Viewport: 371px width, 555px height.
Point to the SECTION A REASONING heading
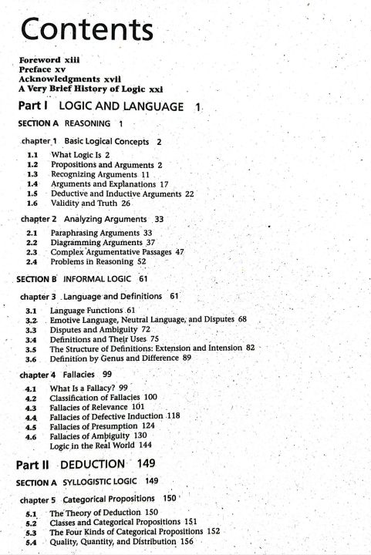pos(66,124)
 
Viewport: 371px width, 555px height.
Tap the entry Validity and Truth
pos(85,203)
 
